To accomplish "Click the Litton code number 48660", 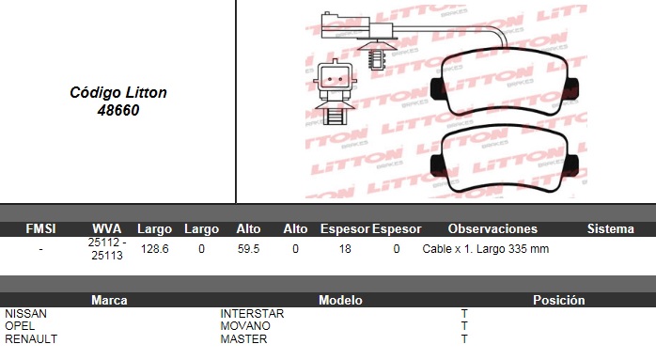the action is [118, 110].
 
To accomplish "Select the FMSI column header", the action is [40, 228].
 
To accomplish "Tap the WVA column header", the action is [107, 228].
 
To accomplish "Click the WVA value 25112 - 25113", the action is [107, 249].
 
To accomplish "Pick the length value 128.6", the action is [155, 249].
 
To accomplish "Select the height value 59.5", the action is [248, 249].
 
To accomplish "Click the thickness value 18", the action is [345, 249].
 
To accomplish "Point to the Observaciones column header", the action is [492, 228].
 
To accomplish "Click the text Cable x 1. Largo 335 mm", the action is [485, 249].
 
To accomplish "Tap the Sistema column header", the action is [610, 228].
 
